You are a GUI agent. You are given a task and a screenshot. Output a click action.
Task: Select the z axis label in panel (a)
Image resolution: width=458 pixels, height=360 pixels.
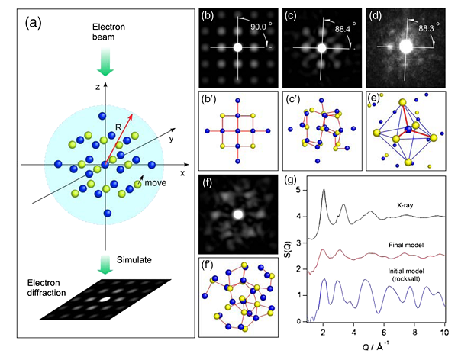97,88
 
